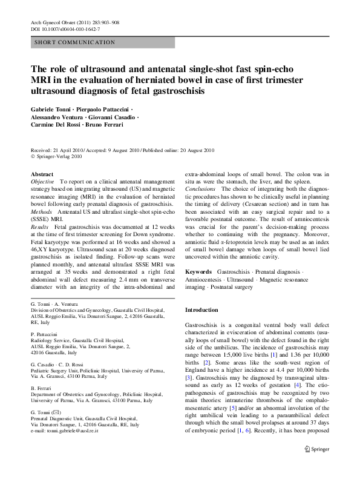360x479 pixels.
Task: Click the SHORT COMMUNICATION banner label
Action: pos(75,42)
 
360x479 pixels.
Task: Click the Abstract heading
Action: pos(42,174)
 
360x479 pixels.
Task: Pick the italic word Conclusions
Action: pos(200,189)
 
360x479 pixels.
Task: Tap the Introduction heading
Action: pos(205,310)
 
